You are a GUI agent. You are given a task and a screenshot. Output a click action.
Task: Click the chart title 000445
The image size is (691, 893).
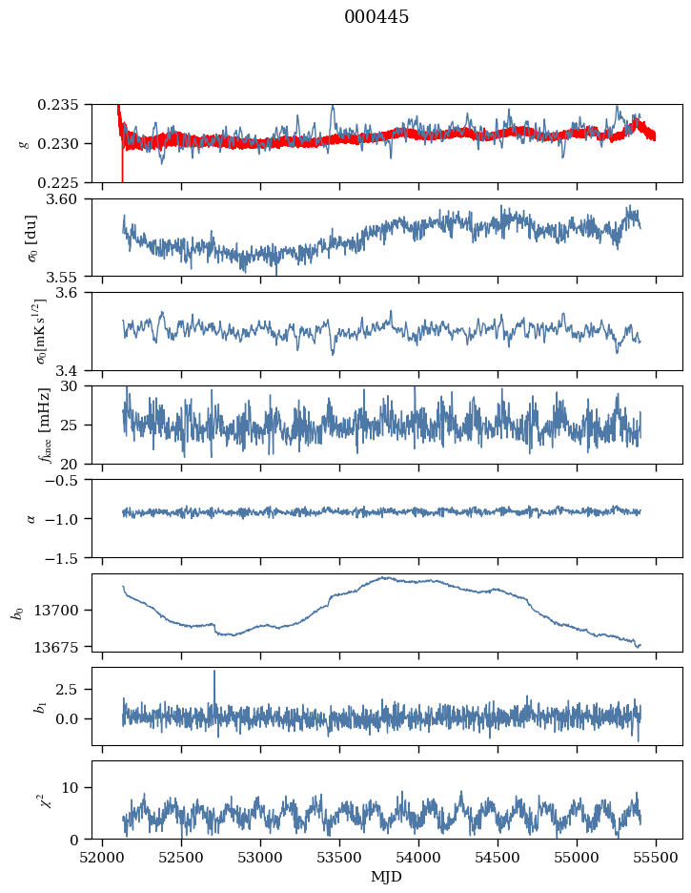click(x=376, y=17)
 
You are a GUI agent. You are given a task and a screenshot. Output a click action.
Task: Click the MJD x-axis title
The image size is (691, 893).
click(x=387, y=876)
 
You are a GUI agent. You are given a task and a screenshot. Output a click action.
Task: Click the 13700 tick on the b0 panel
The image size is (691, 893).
click(x=67, y=610)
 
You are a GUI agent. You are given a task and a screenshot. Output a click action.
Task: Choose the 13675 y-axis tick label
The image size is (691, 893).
click(x=67, y=647)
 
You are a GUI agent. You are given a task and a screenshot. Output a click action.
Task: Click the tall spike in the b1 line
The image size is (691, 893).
click(x=214, y=672)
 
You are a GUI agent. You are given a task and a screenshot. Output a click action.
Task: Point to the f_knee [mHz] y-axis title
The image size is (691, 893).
click(x=45, y=425)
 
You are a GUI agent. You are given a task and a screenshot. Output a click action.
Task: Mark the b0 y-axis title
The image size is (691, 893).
click(x=17, y=612)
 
